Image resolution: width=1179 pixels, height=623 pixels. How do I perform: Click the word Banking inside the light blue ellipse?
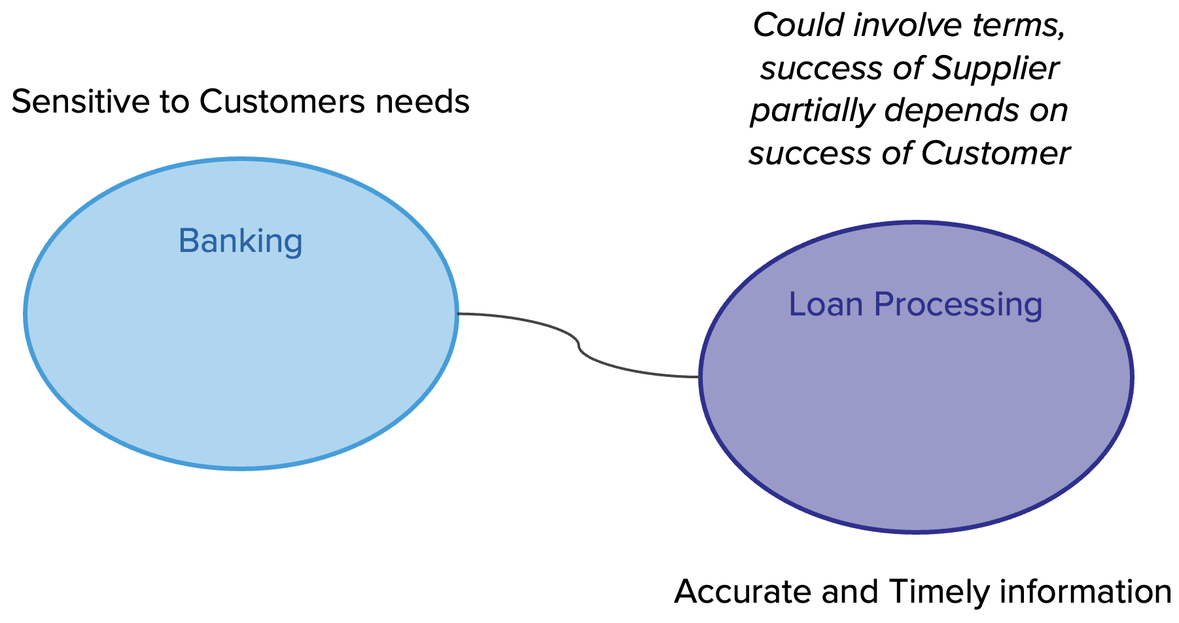click(240, 241)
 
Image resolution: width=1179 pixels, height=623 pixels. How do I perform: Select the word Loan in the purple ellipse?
click(826, 305)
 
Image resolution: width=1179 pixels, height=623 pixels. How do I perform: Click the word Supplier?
click(995, 69)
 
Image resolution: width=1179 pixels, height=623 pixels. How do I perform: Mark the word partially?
click(812, 111)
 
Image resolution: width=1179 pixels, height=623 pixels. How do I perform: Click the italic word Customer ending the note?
click(995, 154)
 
